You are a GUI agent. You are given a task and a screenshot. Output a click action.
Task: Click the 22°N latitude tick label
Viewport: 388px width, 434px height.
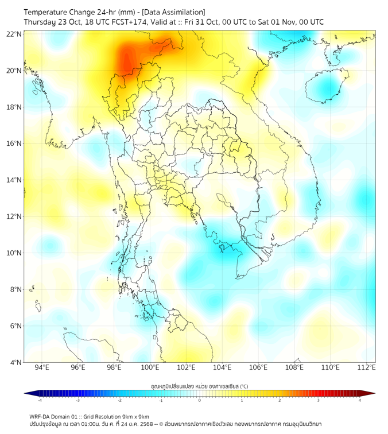point(14,34)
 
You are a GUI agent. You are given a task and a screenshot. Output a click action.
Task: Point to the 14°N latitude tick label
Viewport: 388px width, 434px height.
point(14,180)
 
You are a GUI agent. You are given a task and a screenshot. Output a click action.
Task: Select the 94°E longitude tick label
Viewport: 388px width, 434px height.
point(42,367)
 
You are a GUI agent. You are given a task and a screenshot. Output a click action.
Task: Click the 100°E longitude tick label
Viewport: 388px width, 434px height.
point(150,367)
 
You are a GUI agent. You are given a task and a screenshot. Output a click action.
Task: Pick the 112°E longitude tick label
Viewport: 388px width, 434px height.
point(366,367)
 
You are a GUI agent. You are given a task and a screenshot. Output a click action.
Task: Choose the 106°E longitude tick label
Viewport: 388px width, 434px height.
point(258,367)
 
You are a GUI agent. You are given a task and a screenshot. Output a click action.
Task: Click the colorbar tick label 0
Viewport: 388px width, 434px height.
point(200,400)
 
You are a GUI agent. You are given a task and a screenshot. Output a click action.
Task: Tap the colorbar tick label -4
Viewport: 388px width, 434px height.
point(39,400)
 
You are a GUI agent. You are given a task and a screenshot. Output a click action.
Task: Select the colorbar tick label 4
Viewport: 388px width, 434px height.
point(360,400)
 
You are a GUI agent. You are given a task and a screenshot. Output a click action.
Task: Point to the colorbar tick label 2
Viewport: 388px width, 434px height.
point(280,400)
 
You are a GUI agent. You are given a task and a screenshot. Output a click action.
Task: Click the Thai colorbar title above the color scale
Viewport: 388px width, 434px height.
point(199,385)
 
